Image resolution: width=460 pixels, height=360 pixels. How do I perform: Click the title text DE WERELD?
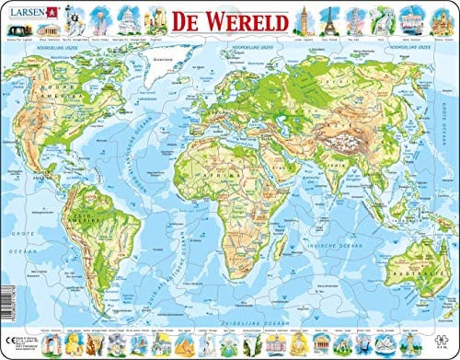217,17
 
